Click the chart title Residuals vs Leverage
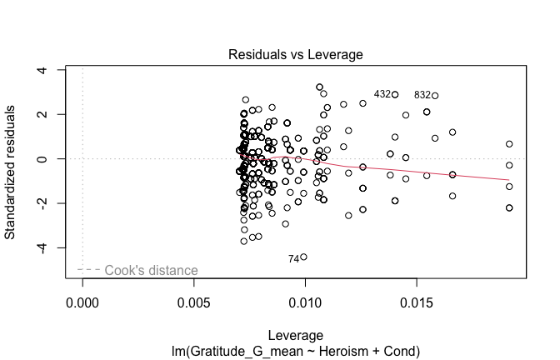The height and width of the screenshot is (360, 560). coord(296,55)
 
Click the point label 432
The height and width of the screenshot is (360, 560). coord(382,95)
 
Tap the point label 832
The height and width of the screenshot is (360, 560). coord(422,96)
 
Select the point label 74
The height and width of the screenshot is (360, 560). coord(293,259)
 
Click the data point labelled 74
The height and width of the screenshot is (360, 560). coord(303,257)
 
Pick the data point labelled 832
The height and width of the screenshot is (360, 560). coord(435,96)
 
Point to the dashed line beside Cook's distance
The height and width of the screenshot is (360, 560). coord(88,270)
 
